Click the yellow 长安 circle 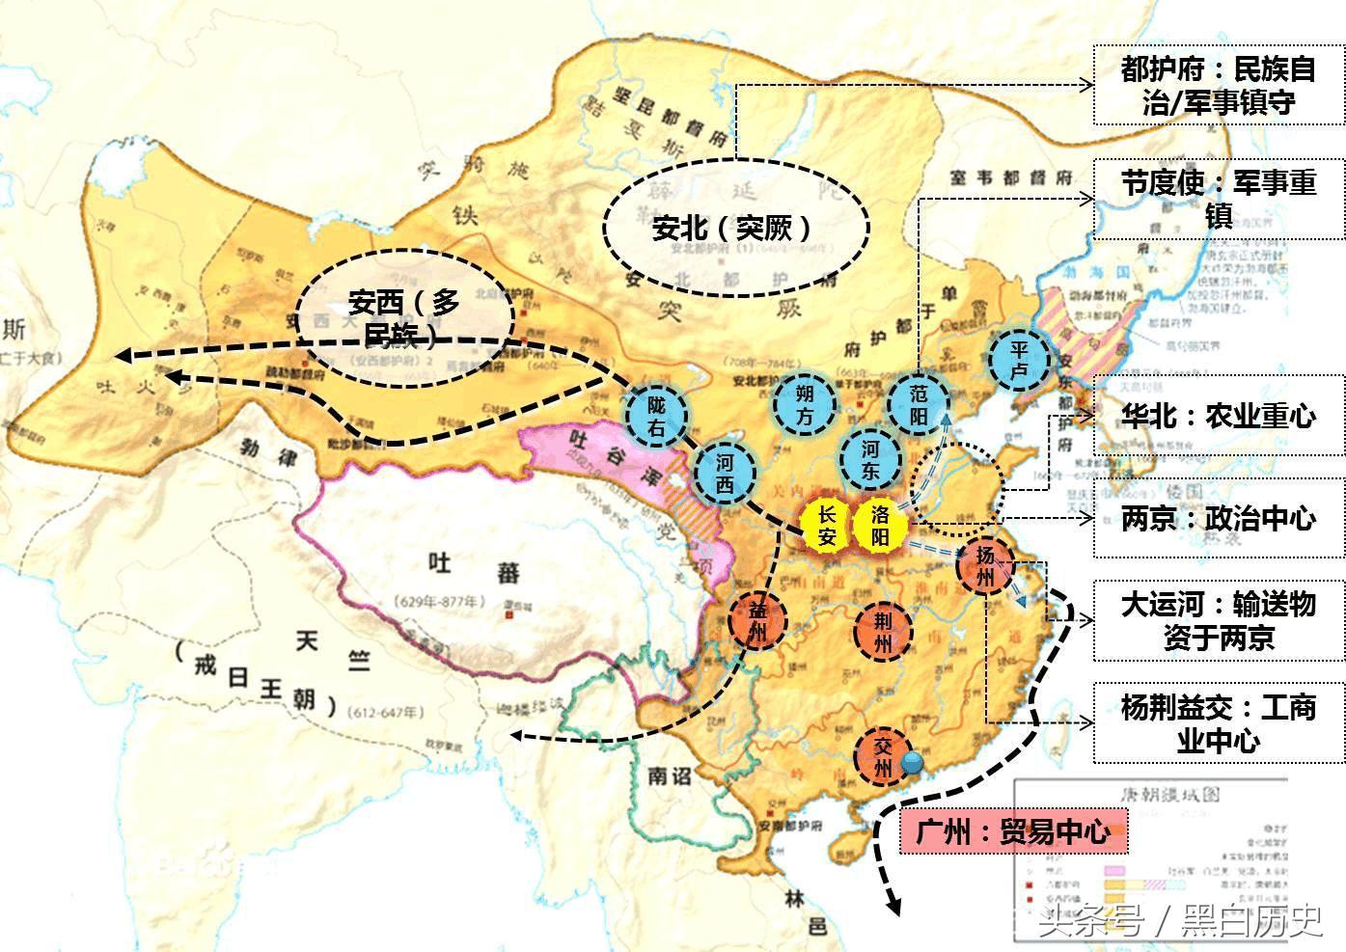tap(827, 526)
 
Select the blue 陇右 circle tap(657, 417)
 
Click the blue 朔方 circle tap(805, 405)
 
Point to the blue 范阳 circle tap(919, 404)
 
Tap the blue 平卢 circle tap(1020, 361)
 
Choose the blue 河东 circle tap(870, 458)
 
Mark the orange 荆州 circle tap(882, 633)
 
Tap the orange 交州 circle tap(883, 755)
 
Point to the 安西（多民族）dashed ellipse tap(403, 316)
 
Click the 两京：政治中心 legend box tap(1218, 518)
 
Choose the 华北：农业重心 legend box tap(1218, 416)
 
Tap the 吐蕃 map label tap(474, 570)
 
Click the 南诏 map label tap(671, 775)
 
